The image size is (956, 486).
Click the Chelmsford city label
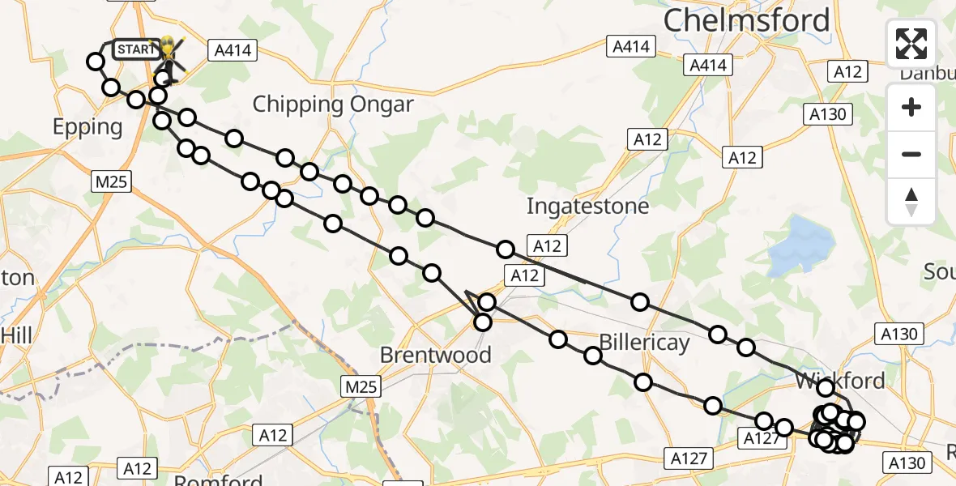pyautogui.click(x=747, y=21)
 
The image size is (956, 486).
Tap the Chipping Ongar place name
pyautogui.click(x=333, y=104)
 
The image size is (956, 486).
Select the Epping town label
pyautogui.click(x=87, y=127)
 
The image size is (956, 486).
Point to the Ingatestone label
pyautogui.click(x=587, y=206)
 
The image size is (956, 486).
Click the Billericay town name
pyautogui.click(x=644, y=343)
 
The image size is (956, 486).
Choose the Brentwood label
pyautogui.click(x=436, y=355)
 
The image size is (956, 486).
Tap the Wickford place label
pyautogui.click(x=839, y=380)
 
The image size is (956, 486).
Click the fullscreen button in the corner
pyautogui.click(x=911, y=44)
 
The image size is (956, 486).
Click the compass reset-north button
pyautogui.click(x=911, y=202)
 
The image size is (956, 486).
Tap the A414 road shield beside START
pyautogui.click(x=233, y=51)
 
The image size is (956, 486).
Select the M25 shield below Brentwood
pyautogui.click(x=361, y=387)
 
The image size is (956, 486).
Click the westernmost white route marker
pyautogui.click(x=96, y=62)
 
